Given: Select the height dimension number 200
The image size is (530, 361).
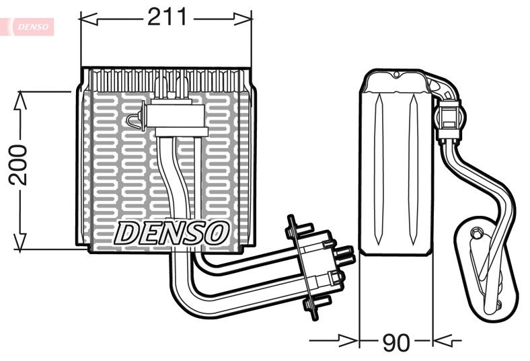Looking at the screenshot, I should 18,165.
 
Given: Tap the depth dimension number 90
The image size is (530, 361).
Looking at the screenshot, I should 395,342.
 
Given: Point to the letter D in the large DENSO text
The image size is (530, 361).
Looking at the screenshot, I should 128,233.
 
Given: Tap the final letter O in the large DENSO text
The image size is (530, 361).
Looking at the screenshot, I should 217,233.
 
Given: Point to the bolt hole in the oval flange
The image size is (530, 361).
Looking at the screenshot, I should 477,233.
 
